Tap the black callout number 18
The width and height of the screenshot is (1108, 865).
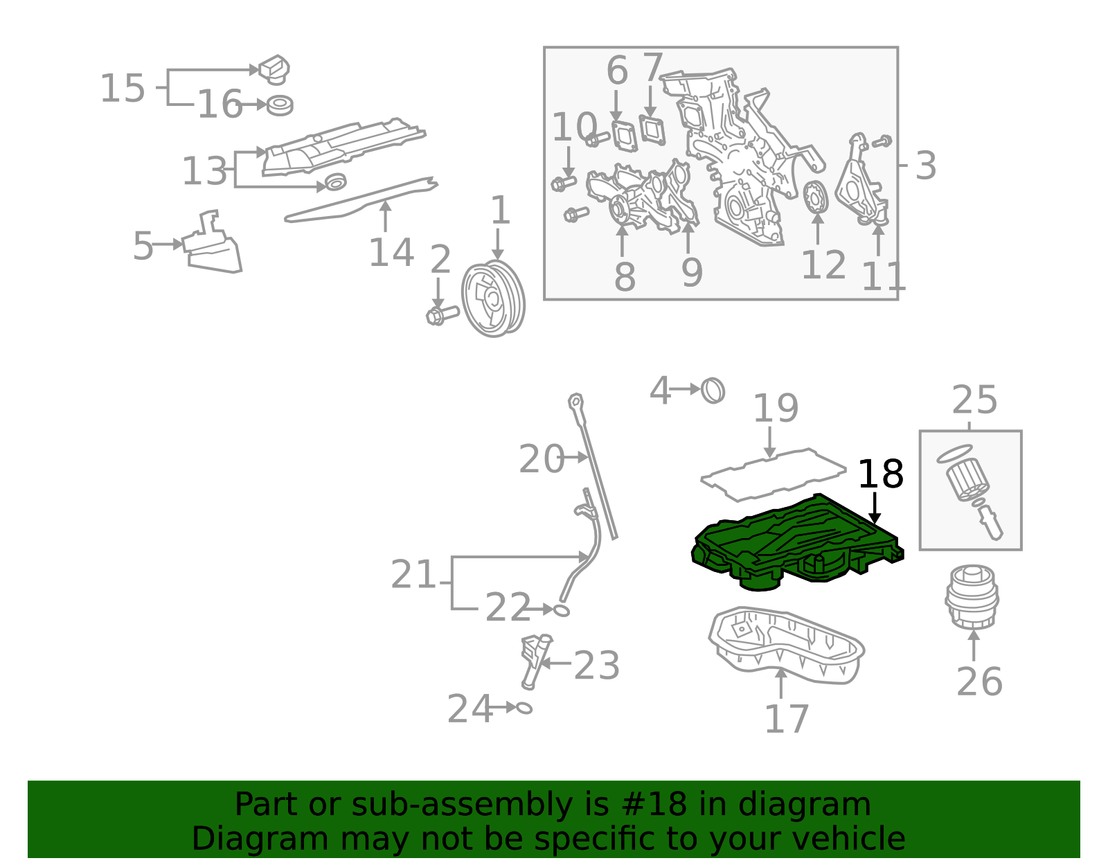tap(881, 474)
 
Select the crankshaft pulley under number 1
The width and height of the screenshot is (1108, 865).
tap(493, 298)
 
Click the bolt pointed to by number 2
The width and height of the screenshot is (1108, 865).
tap(442, 314)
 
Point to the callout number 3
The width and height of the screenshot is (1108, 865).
tap(925, 165)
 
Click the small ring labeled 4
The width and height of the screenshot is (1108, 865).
tap(713, 391)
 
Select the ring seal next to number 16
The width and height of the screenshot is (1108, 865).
tap(280, 105)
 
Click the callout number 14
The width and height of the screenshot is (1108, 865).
tap(391, 252)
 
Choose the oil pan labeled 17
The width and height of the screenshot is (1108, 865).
tap(787, 645)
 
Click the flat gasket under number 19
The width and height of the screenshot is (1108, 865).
tap(773, 474)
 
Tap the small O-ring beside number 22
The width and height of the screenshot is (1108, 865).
tap(561, 610)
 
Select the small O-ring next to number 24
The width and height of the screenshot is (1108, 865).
tap(524, 708)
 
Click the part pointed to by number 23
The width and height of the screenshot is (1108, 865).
tap(535, 661)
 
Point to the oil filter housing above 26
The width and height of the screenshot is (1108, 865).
tap(972, 597)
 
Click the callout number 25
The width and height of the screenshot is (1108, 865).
tap(974, 400)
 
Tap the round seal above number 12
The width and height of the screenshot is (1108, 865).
tap(815, 197)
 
